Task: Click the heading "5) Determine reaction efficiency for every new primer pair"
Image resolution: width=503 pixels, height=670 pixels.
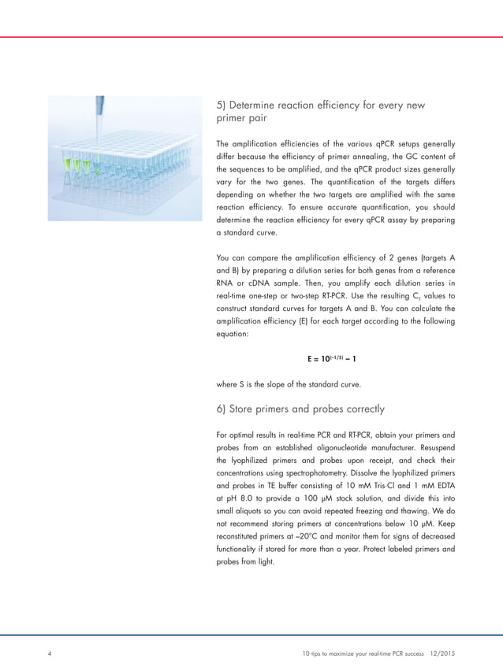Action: [x=322, y=111]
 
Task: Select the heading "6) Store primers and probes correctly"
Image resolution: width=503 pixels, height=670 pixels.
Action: [x=300, y=409]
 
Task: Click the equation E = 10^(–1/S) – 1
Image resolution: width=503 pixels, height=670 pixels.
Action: [x=335, y=359]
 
